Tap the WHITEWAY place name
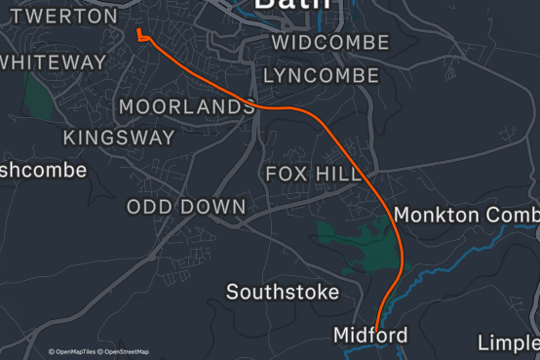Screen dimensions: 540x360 (x=53, y=61)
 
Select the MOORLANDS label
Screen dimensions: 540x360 (x=186, y=106)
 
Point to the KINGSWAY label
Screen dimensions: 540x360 (x=119, y=138)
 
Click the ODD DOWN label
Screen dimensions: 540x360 (x=186, y=207)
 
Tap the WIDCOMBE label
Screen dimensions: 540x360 (x=329, y=43)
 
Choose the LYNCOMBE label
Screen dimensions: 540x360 (x=321, y=75)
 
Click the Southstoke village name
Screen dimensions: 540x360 (x=283, y=292)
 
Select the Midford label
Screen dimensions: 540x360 (x=370, y=336)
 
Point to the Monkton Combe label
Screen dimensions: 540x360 (x=466, y=215)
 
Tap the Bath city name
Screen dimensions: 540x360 (x=291, y=5)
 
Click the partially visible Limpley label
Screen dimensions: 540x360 (x=509, y=342)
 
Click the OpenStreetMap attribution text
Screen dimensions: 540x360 (x=126, y=351)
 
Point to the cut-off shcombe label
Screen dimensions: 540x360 (x=43, y=170)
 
